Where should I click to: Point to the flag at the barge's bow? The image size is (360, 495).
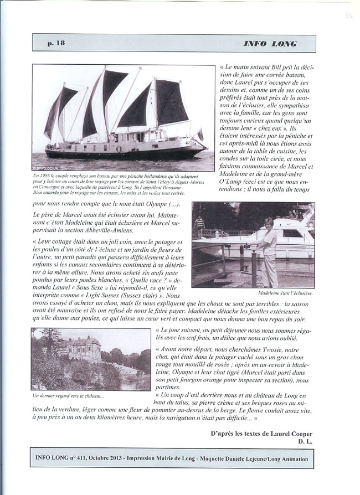coord(200,135)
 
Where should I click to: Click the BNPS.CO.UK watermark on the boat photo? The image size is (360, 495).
coord(45,168)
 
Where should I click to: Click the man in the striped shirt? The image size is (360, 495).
coord(200,224)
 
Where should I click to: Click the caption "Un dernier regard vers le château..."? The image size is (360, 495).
coord(69,395)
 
